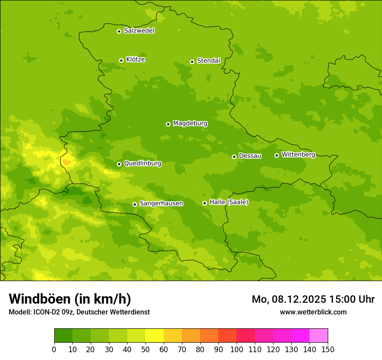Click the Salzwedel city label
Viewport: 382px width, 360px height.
coord(139,31)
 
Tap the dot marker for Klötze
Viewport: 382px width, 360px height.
coord(121,60)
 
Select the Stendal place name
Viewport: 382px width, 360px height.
coord(208,61)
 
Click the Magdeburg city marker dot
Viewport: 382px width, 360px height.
coord(168,124)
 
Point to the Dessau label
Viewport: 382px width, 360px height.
coord(250,156)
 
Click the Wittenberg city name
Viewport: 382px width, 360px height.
coord(298,154)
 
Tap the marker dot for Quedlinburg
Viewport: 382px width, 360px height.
coord(119,164)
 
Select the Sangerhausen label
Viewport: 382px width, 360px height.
coord(161,203)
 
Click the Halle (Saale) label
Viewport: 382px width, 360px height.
coord(229,202)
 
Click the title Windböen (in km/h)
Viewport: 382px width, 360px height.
coord(70,299)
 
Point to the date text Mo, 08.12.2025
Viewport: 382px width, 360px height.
coord(292,299)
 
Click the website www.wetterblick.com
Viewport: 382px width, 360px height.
coord(313,312)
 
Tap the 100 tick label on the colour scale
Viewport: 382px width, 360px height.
coord(237,349)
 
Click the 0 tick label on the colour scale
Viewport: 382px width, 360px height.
coord(54,349)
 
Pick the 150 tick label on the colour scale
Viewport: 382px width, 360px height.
coord(328,349)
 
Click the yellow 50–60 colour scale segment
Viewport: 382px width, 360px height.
coord(155,336)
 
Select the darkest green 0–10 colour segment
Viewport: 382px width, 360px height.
coord(63,336)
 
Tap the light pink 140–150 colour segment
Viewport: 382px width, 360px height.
coord(319,336)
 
